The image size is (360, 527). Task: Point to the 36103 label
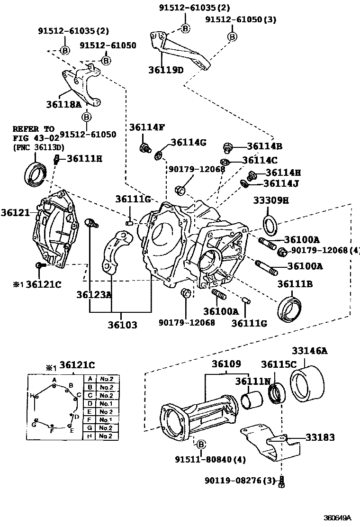point(122,325)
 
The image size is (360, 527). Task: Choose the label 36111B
point(295,284)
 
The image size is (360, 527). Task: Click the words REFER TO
point(33,128)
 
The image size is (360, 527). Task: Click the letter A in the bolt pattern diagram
point(54,380)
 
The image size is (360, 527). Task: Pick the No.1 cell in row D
point(105,403)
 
